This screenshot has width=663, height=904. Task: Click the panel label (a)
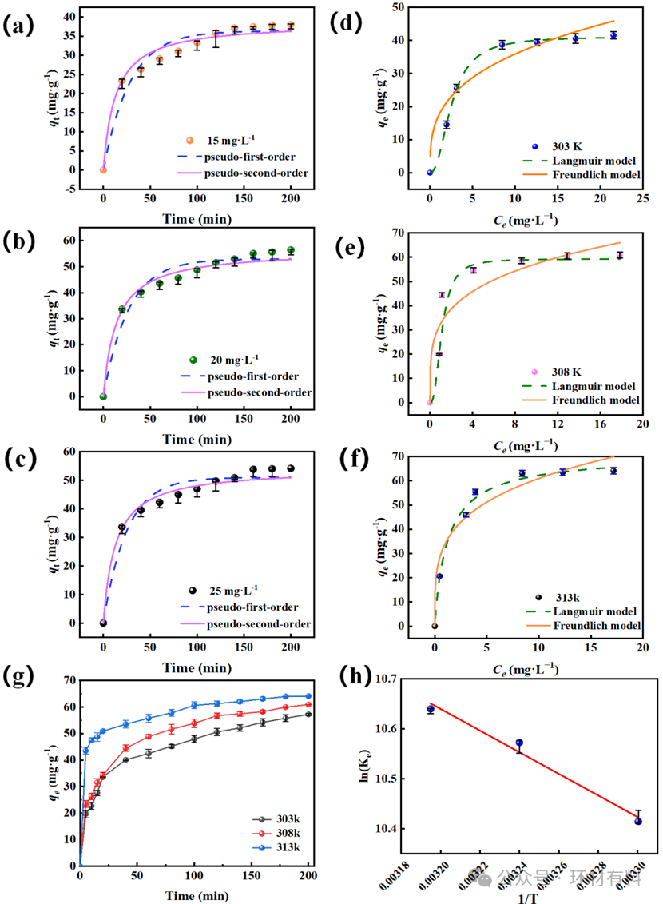click(18, 26)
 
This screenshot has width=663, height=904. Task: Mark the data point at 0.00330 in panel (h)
click(638, 821)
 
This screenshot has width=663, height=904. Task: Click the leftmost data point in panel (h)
click(431, 709)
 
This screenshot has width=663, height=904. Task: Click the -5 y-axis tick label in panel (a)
click(69, 189)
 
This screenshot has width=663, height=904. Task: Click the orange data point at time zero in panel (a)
click(103, 169)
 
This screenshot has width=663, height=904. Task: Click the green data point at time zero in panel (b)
click(103, 396)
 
